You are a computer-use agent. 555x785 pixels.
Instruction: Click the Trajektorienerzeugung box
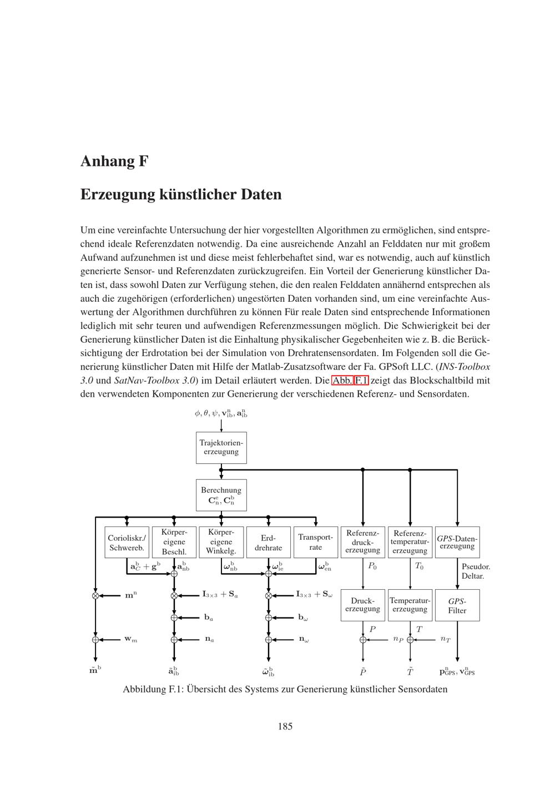221,448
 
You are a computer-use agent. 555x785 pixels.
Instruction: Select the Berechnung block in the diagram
221,495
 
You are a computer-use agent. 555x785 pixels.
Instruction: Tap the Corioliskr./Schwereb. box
127,543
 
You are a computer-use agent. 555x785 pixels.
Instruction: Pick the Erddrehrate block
268,543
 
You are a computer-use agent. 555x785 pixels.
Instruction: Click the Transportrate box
315,542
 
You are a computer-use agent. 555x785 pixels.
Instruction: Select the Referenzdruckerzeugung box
362,542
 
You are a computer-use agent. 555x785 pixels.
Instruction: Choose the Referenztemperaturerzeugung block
410,542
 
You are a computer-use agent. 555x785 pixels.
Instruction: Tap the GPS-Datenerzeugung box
457,542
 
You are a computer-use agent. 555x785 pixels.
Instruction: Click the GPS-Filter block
457,605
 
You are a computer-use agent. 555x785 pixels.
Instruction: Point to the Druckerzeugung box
362,605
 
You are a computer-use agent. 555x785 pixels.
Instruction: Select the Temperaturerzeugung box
410,605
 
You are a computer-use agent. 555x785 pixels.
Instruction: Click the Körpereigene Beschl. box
174,542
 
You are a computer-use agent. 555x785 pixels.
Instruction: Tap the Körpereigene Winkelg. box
221,542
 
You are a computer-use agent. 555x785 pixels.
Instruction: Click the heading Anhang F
114,161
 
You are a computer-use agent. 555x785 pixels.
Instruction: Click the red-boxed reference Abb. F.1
350,381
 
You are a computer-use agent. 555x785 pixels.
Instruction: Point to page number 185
285,726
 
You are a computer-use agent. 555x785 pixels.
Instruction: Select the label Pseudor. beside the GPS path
476,566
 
